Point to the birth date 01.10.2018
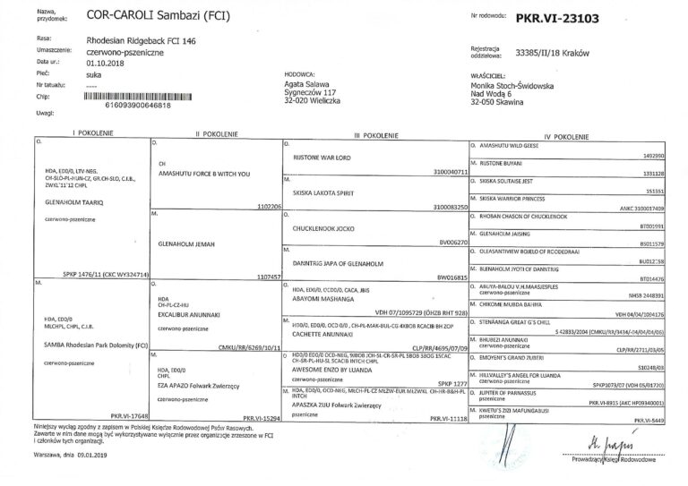point(107,64)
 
